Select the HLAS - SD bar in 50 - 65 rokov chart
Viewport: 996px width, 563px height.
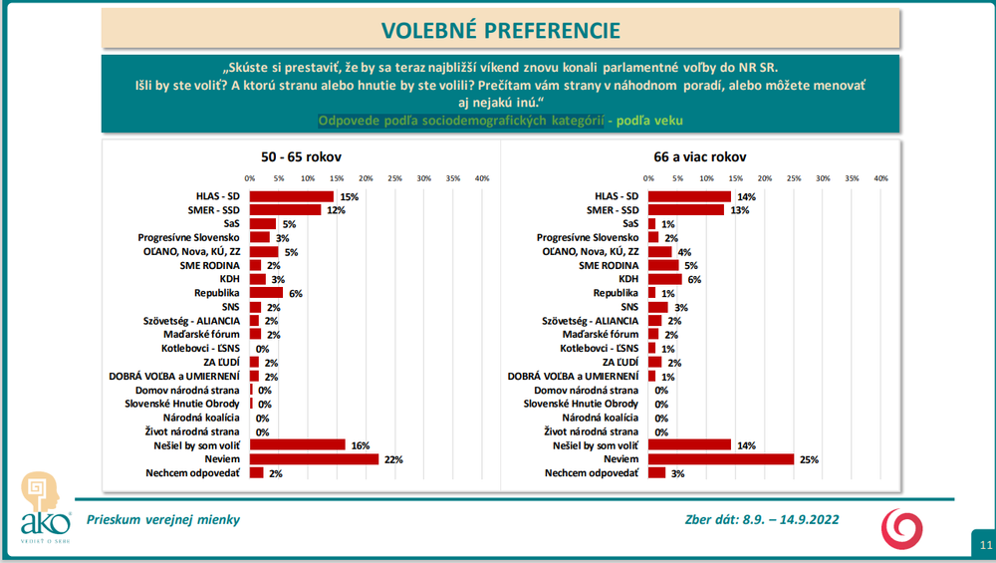[x=291, y=196]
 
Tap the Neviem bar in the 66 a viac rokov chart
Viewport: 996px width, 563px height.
[x=721, y=459]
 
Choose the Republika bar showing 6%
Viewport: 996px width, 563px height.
[x=266, y=294]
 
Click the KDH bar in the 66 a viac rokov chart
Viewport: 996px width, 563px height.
[x=665, y=280]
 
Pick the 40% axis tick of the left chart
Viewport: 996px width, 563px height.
[x=481, y=178]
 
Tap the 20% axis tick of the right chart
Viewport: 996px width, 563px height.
[x=765, y=178]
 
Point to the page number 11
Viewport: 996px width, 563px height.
[x=984, y=545]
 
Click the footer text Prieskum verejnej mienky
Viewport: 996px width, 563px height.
[x=163, y=519]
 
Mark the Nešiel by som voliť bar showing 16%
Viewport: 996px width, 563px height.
[x=297, y=445]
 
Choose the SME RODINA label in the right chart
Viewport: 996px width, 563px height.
[x=609, y=266]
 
